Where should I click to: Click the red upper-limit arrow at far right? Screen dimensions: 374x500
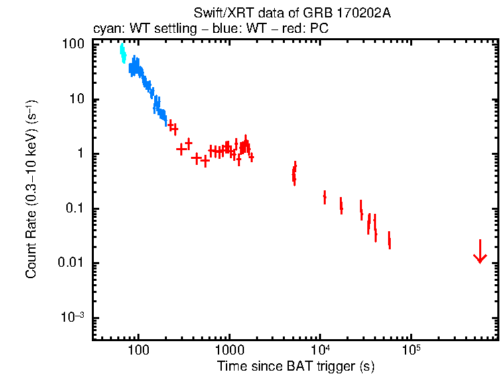[479, 252]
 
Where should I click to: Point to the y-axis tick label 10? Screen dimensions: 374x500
[76, 99]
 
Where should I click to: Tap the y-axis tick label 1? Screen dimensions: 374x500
[79, 153]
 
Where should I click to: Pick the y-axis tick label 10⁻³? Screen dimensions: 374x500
[72, 317]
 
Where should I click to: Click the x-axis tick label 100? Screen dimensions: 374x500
[138, 351]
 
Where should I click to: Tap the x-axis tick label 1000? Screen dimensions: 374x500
[229, 351]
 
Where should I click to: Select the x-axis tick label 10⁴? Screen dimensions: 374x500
[320, 350]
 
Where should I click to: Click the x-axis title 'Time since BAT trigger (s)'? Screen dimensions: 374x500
[296, 366]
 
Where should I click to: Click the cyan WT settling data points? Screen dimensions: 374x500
[123, 53]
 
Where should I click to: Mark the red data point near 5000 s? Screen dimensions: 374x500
[294, 174]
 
